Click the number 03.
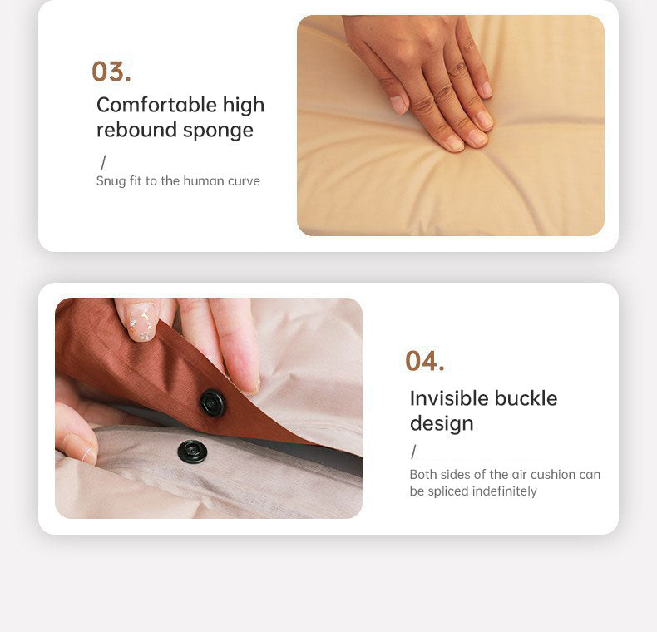click(x=111, y=72)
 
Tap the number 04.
click(x=425, y=361)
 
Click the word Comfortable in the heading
click(x=146, y=105)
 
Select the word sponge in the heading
click(x=218, y=131)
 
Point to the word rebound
click(x=134, y=130)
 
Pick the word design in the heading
click(x=442, y=424)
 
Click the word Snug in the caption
click(x=111, y=181)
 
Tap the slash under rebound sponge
click(x=103, y=162)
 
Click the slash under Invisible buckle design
click(x=413, y=452)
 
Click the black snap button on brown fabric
click(x=213, y=403)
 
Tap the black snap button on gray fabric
click(x=192, y=452)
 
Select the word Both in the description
click(x=423, y=475)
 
